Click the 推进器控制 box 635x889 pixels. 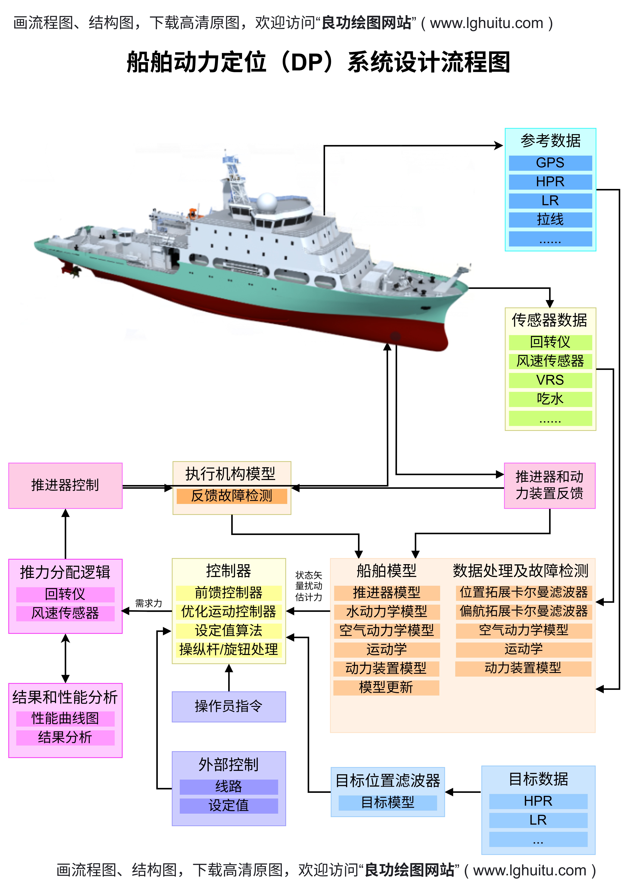(65, 485)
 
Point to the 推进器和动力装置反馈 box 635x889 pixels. (549, 485)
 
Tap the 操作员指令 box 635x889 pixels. (229, 706)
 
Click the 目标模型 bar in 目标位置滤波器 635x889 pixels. (388, 802)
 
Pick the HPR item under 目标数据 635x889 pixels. (538, 801)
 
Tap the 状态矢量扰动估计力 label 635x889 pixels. (308, 586)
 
